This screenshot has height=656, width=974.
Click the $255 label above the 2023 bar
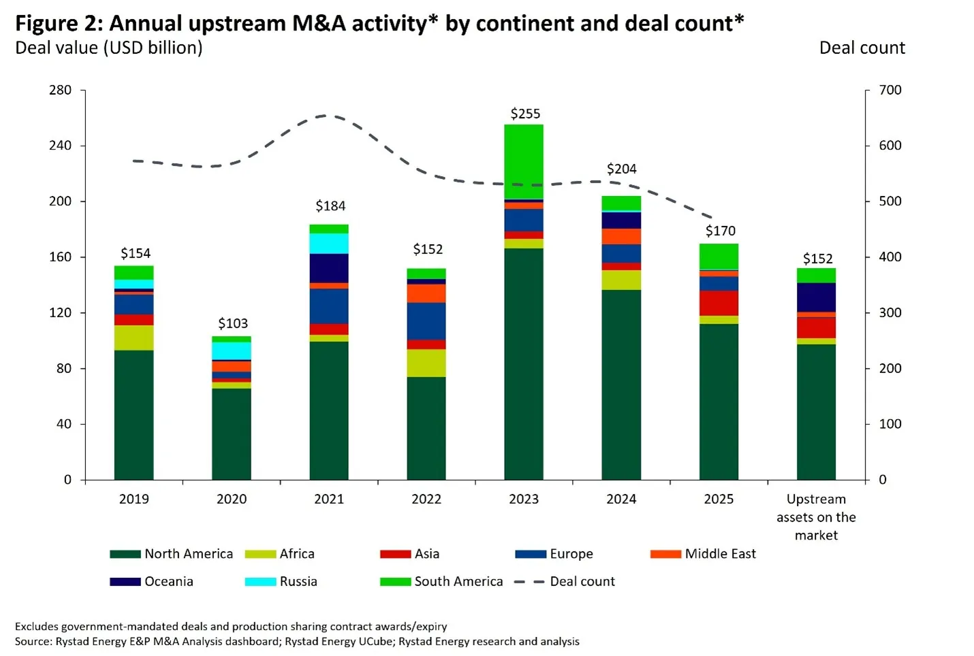(525, 114)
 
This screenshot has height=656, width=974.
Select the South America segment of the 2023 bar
(524, 161)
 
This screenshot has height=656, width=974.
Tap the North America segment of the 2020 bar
(232, 433)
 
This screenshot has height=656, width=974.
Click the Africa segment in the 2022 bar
(426, 363)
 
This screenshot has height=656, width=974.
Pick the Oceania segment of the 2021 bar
(329, 268)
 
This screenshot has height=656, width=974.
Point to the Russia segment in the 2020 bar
(232, 350)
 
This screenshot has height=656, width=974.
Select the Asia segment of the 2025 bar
(719, 303)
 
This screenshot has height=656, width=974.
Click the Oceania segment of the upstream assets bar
(816, 297)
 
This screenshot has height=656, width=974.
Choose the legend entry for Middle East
(719, 554)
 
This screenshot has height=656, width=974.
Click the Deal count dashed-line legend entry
(581, 582)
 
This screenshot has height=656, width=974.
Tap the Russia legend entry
(298, 582)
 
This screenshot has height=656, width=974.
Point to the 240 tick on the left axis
(60, 146)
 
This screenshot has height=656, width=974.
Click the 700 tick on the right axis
(890, 90)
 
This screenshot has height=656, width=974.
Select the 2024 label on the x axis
(621, 499)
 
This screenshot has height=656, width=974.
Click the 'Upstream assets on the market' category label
(816, 517)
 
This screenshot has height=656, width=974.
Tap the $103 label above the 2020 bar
(233, 323)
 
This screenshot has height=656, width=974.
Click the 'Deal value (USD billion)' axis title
(109, 48)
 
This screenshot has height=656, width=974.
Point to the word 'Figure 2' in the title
(57, 24)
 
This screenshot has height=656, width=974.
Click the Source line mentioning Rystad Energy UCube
(297, 642)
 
